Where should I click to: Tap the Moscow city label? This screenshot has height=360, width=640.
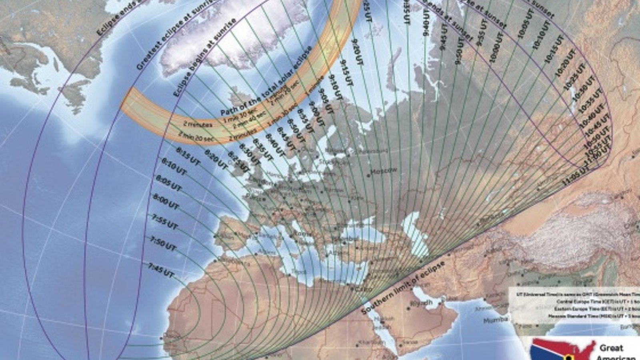point(384,171)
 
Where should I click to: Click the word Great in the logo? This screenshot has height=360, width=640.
point(611,347)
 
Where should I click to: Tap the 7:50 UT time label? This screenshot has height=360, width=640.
point(163,244)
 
